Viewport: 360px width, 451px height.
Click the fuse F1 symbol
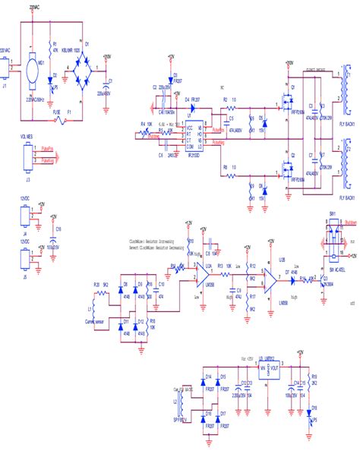coord(69,115)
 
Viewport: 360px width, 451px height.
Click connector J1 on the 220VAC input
coord(7,72)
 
